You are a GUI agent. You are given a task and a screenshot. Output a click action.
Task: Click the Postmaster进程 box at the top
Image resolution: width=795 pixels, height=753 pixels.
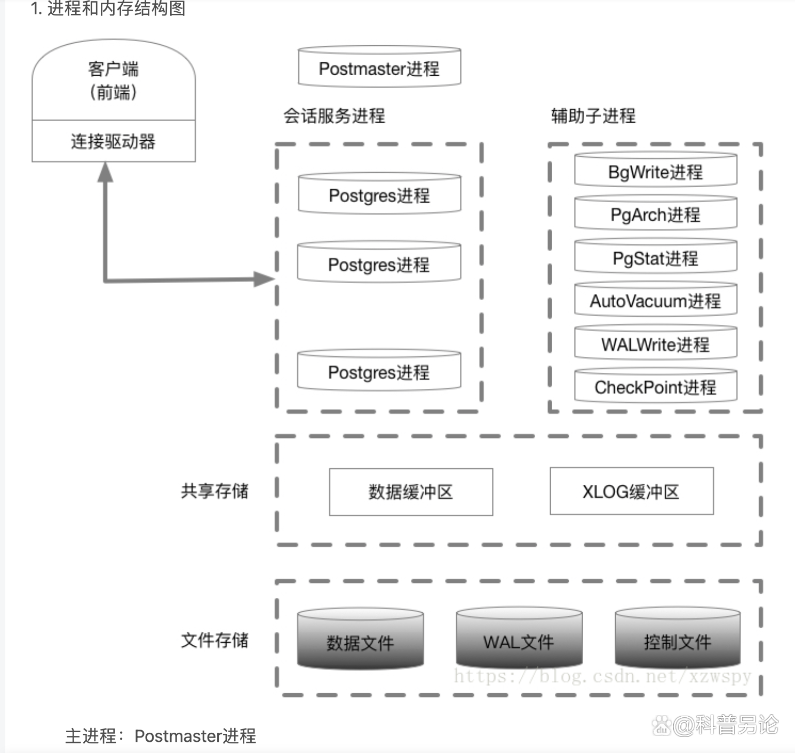tap(379, 68)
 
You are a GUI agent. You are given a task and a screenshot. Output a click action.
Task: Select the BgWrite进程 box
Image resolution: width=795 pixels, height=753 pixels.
tap(655, 172)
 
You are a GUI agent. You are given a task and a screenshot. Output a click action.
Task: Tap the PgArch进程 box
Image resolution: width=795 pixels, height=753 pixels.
tap(655, 214)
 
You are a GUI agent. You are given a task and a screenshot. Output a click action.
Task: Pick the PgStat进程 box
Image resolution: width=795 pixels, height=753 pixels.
tap(655, 258)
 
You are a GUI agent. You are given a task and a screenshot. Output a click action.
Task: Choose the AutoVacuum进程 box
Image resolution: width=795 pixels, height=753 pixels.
tap(655, 301)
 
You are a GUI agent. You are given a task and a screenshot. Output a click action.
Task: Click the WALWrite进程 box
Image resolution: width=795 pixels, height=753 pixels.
tap(655, 344)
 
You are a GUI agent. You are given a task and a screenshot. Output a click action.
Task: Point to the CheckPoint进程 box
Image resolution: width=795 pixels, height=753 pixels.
tap(655, 387)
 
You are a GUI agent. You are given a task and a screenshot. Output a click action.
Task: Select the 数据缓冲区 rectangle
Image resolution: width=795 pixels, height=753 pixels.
tap(411, 492)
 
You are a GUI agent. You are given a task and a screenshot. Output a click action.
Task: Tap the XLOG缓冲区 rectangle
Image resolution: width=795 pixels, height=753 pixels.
tap(631, 491)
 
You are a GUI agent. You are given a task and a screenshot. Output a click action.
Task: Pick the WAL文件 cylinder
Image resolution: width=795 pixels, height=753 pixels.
tap(519, 640)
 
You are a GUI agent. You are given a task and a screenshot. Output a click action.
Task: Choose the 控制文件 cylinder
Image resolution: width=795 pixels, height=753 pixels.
tap(677, 640)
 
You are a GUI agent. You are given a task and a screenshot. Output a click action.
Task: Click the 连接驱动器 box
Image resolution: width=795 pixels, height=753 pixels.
tap(114, 141)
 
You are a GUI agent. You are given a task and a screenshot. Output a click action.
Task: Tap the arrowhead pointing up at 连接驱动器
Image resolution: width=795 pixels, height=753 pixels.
tap(106, 172)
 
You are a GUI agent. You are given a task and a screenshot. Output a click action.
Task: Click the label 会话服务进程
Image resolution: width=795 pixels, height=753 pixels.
tap(334, 116)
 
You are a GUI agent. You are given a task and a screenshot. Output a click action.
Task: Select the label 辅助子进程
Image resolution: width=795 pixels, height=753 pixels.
tap(593, 116)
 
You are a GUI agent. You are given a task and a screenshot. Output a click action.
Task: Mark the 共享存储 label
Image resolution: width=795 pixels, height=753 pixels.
tap(214, 491)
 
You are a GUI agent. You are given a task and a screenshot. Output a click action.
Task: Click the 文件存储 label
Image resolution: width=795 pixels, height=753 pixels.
tap(214, 640)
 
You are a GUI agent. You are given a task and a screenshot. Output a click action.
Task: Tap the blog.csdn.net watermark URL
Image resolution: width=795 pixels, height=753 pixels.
tap(602, 676)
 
